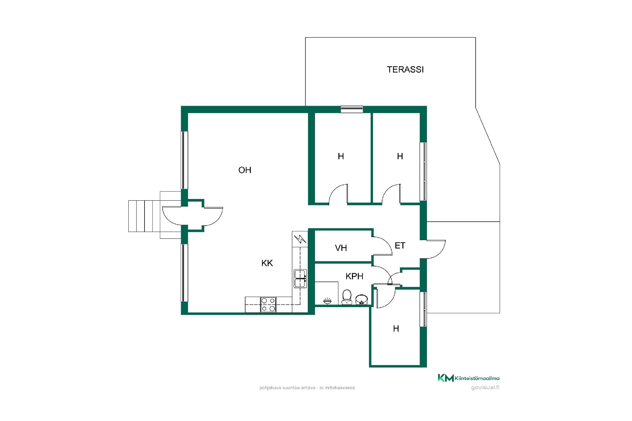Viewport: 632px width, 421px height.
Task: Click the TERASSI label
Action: (x=405, y=69)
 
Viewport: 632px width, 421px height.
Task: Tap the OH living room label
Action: (x=245, y=170)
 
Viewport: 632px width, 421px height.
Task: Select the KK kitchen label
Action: (x=267, y=263)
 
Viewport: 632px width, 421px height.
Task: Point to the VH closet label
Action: (x=341, y=248)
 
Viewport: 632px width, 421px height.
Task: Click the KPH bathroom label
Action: (x=355, y=276)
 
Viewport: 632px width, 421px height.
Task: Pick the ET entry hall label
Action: (x=400, y=245)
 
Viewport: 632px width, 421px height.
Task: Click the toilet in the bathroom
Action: (x=347, y=297)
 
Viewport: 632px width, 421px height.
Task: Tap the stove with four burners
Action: (x=268, y=305)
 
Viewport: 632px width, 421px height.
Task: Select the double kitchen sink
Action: (x=300, y=279)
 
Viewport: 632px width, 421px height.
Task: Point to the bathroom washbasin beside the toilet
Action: (x=361, y=299)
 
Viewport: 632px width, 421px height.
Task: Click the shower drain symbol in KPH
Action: (x=327, y=301)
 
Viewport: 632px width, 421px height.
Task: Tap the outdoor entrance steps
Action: (x=144, y=216)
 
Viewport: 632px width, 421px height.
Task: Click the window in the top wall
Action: (x=352, y=109)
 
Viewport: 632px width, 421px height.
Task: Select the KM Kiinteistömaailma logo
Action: (x=468, y=378)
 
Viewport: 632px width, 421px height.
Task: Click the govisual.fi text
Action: (x=485, y=387)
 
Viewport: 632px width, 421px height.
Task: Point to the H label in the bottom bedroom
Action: (x=396, y=329)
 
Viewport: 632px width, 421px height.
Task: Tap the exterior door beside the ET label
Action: (x=435, y=249)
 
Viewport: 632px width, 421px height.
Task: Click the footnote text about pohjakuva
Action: (x=307, y=388)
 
